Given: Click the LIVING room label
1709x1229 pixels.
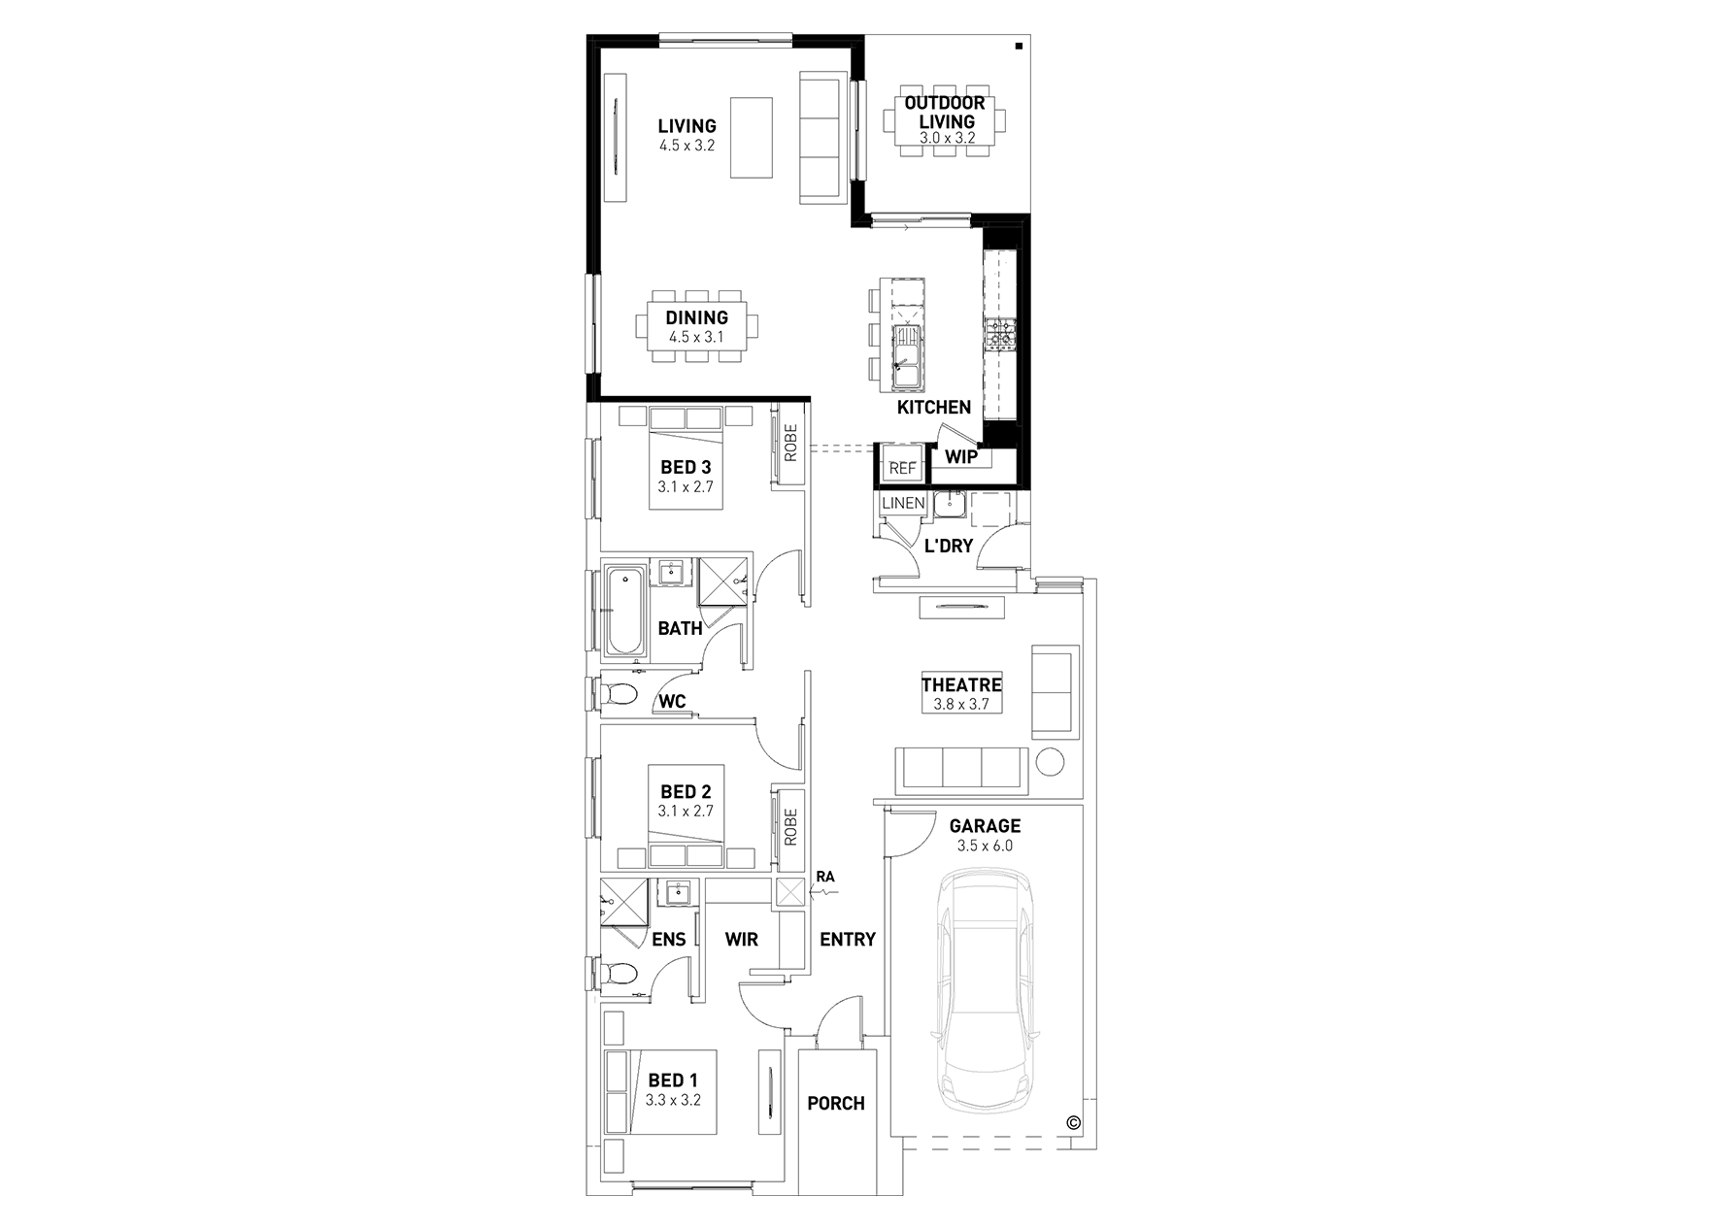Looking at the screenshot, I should (x=687, y=126).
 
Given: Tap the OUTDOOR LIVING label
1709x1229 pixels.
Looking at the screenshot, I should (x=945, y=113).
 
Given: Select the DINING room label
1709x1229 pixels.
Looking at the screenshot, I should (x=696, y=317).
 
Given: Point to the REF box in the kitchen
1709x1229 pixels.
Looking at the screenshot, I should (x=902, y=468).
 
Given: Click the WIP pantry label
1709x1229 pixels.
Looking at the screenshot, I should (x=961, y=457).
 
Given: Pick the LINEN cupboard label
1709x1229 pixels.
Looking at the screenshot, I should (x=903, y=503).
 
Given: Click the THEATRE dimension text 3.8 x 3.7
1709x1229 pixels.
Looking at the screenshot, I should (x=960, y=705).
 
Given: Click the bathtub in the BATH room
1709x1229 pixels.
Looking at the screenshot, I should (x=623, y=610).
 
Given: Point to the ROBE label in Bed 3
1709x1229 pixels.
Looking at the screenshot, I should (x=789, y=443).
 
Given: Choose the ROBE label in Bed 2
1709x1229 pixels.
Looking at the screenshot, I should (x=789, y=827).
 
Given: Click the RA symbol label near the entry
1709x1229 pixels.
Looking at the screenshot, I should (x=824, y=877).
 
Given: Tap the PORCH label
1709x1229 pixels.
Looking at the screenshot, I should (x=835, y=1104).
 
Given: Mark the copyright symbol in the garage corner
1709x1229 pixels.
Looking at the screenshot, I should (x=1073, y=1122).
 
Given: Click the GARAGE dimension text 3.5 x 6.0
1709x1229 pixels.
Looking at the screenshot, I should (x=985, y=846).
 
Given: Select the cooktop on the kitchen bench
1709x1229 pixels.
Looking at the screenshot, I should (x=999, y=335).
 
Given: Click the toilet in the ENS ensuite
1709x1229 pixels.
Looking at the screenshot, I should (x=618, y=973).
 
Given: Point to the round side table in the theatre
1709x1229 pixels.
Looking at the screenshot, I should (x=1049, y=760).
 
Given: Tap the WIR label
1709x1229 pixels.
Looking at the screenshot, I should (x=742, y=940).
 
